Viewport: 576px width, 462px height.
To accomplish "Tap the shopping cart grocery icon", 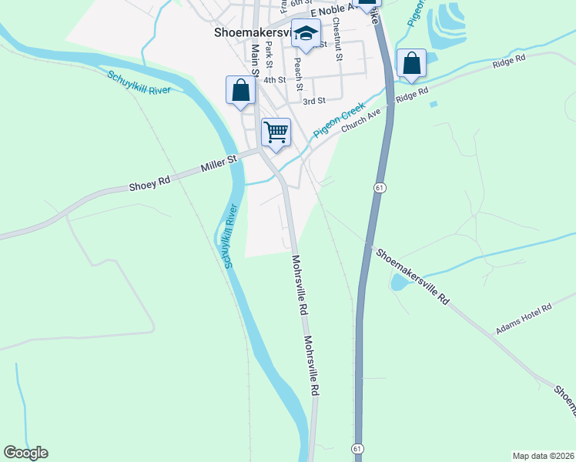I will point(276,132).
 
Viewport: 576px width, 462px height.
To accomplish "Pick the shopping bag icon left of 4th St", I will point(241,90).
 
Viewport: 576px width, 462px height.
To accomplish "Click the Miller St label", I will point(216,163).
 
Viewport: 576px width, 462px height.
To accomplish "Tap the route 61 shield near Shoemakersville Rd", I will point(380,188).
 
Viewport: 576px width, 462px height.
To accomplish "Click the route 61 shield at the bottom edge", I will point(357,448).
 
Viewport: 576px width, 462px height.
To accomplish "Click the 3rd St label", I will point(314,101).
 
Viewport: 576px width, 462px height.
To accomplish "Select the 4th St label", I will point(274,79).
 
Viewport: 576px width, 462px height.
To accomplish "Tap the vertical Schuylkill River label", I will point(228,236).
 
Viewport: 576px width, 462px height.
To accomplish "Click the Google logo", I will point(25,453).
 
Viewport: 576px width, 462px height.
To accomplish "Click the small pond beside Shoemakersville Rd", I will point(399,283).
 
